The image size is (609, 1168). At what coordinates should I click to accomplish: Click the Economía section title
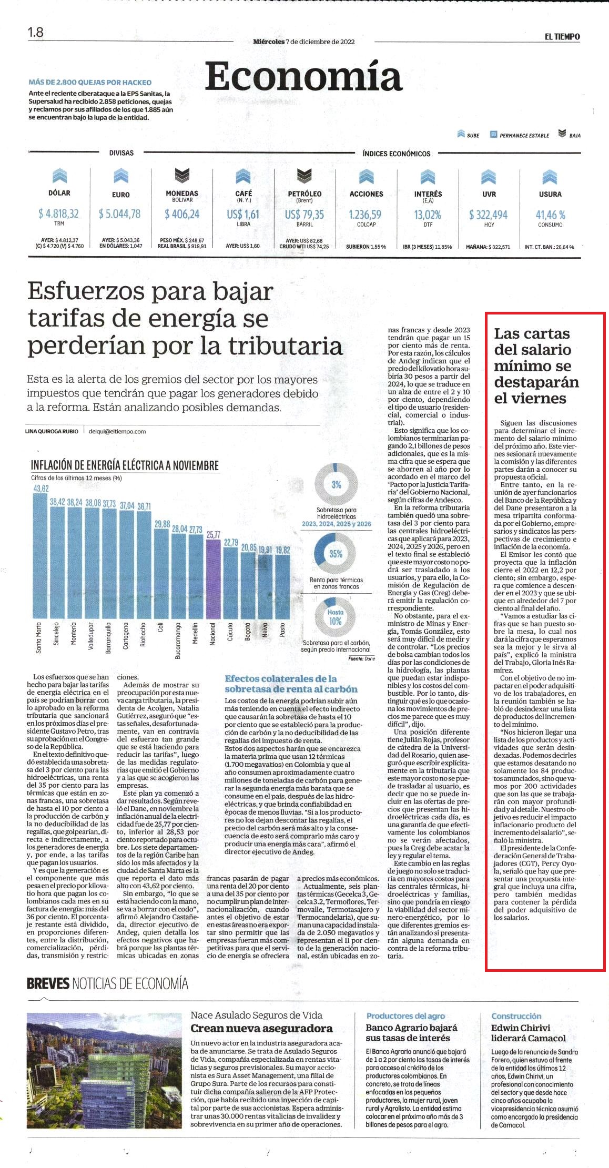pyautogui.click(x=303, y=77)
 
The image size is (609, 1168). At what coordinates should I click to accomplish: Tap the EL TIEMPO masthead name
pyautogui.click(x=562, y=37)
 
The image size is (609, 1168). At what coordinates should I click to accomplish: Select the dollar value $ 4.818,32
pyautogui.click(x=58, y=214)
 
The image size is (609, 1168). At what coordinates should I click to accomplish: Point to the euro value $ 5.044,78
pyautogui.click(x=120, y=214)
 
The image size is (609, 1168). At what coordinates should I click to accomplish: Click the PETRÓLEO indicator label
pyautogui.click(x=304, y=194)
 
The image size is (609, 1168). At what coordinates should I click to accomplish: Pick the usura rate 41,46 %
pyautogui.click(x=550, y=215)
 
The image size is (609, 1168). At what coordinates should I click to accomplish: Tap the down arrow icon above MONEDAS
pyautogui.click(x=182, y=176)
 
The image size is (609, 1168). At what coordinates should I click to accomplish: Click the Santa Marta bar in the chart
pyautogui.click(x=40, y=556)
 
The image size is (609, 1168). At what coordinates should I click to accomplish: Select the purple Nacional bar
pyautogui.click(x=213, y=579)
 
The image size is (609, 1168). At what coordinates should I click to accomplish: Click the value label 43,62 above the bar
pyautogui.click(x=40, y=489)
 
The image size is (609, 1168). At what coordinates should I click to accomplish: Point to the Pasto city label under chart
pyautogui.click(x=282, y=630)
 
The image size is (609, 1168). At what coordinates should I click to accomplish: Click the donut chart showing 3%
pyautogui.click(x=336, y=484)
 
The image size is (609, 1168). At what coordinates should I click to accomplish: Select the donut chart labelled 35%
pyautogui.click(x=336, y=553)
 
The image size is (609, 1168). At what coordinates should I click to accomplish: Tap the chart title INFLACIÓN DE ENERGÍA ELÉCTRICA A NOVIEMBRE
pyautogui.click(x=125, y=465)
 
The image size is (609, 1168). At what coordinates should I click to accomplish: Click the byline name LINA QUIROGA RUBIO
pyautogui.click(x=52, y=431)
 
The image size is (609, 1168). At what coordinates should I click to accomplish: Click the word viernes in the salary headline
pyautogui.click(x=530, y=398)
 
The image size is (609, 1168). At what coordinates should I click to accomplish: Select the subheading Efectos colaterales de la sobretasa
pyautogui.click(x=291, y=684)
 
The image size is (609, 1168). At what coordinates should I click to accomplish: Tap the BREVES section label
pyautogui.click(x=48, y=983)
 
